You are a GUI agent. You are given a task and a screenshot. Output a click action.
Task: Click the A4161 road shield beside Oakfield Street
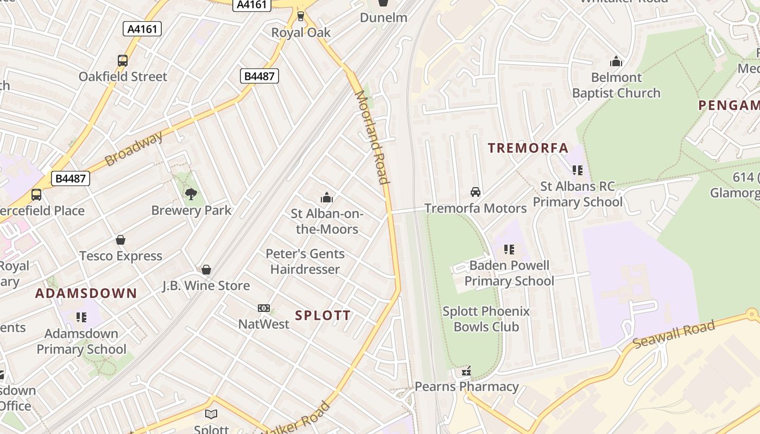click(142, 29)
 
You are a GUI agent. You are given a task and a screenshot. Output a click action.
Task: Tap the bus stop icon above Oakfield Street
click(123, 61)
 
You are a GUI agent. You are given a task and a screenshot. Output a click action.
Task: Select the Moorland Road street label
click(372, 138)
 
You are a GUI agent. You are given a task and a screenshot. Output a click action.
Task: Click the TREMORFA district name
click(528, 148)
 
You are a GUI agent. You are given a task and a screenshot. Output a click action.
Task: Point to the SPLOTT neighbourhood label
click(323, 315)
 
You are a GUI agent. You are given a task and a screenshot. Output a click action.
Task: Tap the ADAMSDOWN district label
click(86, 293)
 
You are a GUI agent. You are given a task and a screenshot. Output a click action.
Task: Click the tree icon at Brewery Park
click(191, 194)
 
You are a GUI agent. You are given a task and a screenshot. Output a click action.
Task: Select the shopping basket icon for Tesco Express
click(121, 240)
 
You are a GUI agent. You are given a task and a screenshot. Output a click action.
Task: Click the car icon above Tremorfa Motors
click(476, 192)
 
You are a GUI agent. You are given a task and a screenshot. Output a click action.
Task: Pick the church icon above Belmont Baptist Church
click(616, 61)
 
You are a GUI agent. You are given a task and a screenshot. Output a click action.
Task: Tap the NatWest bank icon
click(264, 308)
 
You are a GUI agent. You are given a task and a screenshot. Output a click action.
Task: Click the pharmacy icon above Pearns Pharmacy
click(466, 372)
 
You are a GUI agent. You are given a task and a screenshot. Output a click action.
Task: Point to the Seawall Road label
click(674, 335)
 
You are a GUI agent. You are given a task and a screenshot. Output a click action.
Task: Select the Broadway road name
click(134, 149)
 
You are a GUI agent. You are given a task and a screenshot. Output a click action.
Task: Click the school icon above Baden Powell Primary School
click(509, 250)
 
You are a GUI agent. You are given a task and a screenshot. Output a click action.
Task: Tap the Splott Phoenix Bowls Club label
click(486, 319)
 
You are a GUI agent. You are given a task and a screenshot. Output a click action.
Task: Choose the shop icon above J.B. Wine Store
click(206, 270)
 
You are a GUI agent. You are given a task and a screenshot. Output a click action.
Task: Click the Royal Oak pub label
click(301, 33)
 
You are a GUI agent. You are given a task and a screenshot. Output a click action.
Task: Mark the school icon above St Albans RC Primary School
click(578, 170)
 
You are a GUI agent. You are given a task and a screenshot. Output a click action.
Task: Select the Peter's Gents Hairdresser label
click(305, 261)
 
